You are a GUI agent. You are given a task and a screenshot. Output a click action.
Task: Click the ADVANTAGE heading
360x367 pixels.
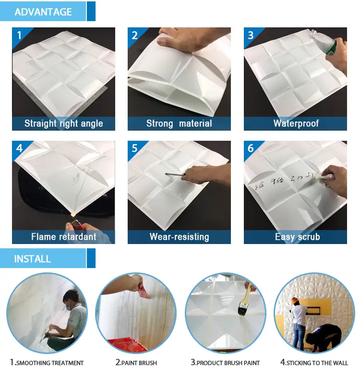[x=43, y=12]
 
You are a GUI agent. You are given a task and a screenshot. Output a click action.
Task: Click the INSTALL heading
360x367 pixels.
[x=33, y=259]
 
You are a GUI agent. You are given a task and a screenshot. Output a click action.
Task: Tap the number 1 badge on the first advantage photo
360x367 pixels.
[x=19, y=35]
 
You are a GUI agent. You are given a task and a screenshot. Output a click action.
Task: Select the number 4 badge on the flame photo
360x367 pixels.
[x=19, y=148]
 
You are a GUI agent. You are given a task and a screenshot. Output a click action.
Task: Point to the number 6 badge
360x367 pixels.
[x=251, y=148]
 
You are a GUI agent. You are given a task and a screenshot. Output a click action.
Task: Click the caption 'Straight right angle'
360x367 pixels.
[x=64, y=123]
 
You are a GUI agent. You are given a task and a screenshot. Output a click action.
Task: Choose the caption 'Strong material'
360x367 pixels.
[x=179, y=123]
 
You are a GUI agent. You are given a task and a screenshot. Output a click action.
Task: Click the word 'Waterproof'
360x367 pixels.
[x=296, y=123]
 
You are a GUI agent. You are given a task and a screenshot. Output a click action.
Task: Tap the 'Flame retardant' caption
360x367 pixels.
[x=64, y=237]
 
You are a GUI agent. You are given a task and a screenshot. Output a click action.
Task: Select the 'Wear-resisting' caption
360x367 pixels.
[x=179, y=237]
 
